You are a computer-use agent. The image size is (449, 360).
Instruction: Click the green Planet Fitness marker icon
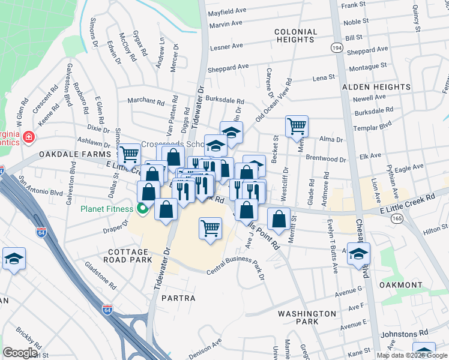(x=142, y=209)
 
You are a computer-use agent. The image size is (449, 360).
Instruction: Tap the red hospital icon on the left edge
(x=28, y=139)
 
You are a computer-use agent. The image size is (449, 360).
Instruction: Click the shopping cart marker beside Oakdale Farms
(x=129, y=154)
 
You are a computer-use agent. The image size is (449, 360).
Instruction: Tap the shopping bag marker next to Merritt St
(x=279, y=219)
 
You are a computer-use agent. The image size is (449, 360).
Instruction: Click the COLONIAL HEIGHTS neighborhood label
(x=295, y=35)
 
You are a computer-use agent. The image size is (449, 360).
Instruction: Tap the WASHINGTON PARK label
(x=307, y=317)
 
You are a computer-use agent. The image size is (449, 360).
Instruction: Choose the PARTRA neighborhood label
(x=178, y=298)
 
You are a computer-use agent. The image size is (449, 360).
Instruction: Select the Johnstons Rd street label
(x=407, y=332)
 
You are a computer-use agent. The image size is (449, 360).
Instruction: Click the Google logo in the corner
(x=20, y=353)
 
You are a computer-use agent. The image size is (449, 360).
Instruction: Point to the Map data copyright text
(x=412, y=355)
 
